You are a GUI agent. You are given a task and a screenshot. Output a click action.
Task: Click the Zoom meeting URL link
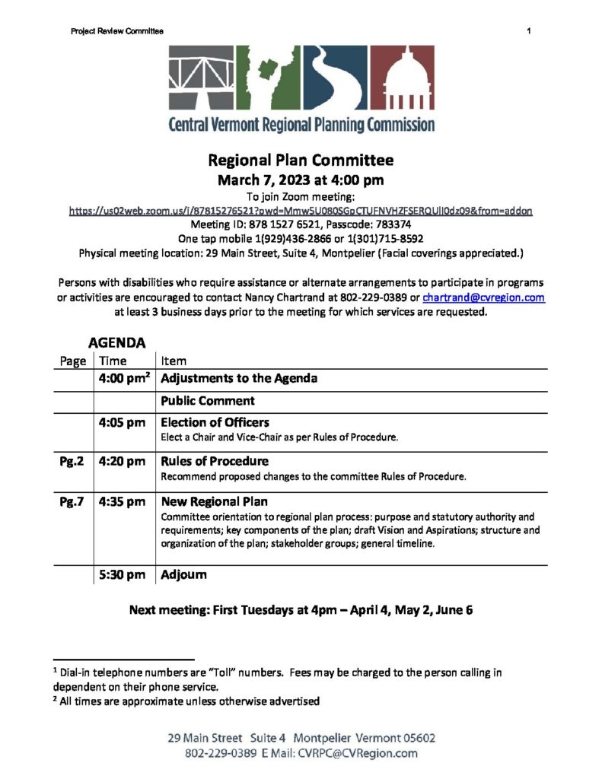tap(301, 209)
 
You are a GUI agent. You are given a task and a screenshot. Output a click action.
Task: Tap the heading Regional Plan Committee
tap(301, 161)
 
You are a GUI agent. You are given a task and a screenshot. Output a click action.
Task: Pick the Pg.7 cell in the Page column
tap(72, 502)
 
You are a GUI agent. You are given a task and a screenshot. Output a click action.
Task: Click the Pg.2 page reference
tap(72, 461)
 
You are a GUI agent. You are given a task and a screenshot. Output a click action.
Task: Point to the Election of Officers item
tap(215, 422)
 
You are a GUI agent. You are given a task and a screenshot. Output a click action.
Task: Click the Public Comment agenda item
tap(207, 400)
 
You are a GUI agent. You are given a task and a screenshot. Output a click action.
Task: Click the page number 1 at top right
tap(527, 30)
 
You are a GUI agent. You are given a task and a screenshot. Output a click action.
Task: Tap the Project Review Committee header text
tap(117, 30)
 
